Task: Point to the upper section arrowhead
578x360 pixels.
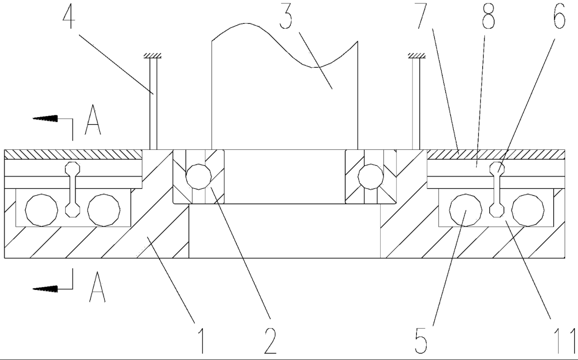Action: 46,118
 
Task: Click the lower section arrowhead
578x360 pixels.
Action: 46,289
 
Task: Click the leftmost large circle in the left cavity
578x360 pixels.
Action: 42,210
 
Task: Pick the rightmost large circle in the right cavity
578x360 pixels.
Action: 528,210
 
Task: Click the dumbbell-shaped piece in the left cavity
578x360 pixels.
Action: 72,189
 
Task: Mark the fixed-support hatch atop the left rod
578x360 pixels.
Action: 153,56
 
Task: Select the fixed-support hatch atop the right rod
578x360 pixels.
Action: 417,56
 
